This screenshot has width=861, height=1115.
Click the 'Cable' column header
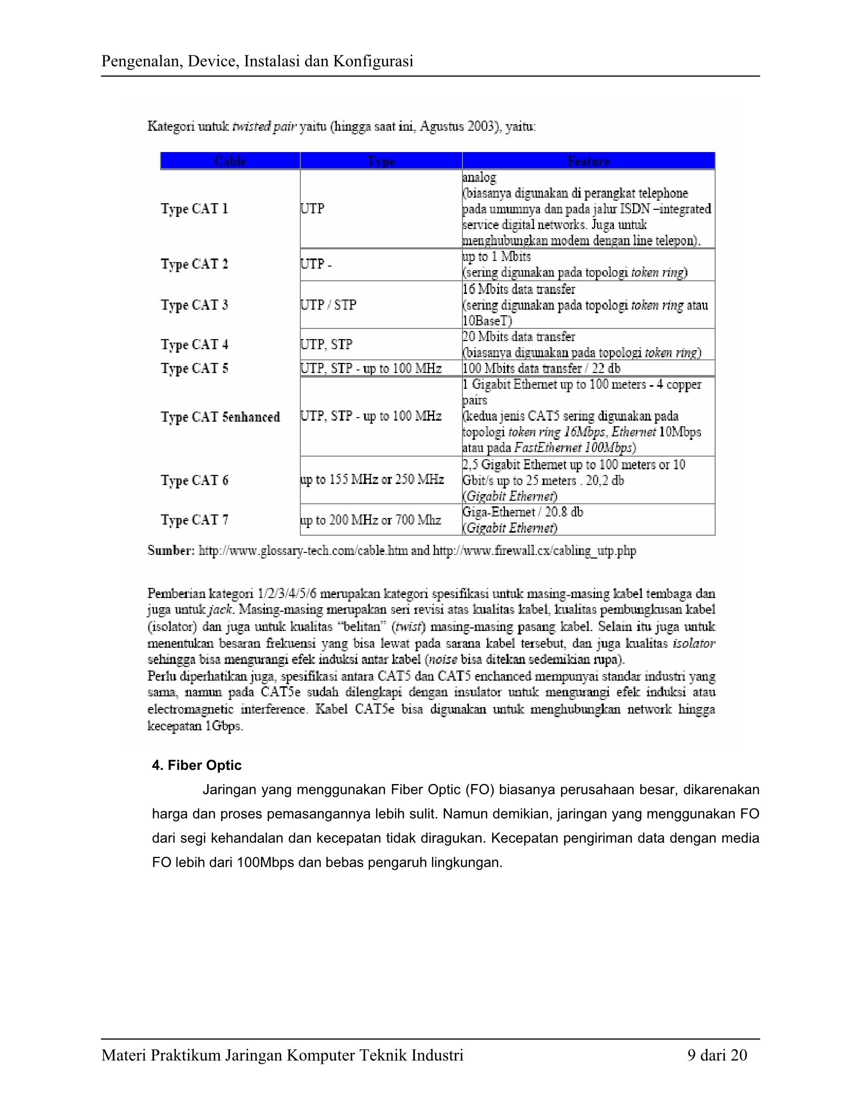[x=230, y=161]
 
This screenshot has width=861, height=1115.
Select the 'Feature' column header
[x=589, y=161]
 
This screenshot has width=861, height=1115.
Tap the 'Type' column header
[x=381, y=161]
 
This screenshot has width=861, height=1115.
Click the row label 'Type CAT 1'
[x=194, y=209]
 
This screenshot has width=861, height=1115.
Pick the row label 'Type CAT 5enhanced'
[x=220, y=417]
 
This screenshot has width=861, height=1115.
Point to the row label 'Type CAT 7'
[x=194, y=520]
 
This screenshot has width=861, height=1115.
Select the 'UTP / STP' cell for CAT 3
[x=329, y=305]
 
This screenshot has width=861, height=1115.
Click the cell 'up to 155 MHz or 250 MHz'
[x=372, y=480]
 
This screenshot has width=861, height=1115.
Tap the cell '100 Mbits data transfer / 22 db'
[x=541, y=368]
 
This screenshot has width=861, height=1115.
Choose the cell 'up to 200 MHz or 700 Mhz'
[x=370, y=520]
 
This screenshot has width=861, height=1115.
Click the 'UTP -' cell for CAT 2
[x=316, y=264]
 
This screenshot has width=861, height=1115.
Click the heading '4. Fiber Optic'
[x=197, y=765]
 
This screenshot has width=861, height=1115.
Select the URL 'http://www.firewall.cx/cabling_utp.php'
[x=534, y=551]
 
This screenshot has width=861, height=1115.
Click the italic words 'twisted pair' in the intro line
[x=264, y=127]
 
